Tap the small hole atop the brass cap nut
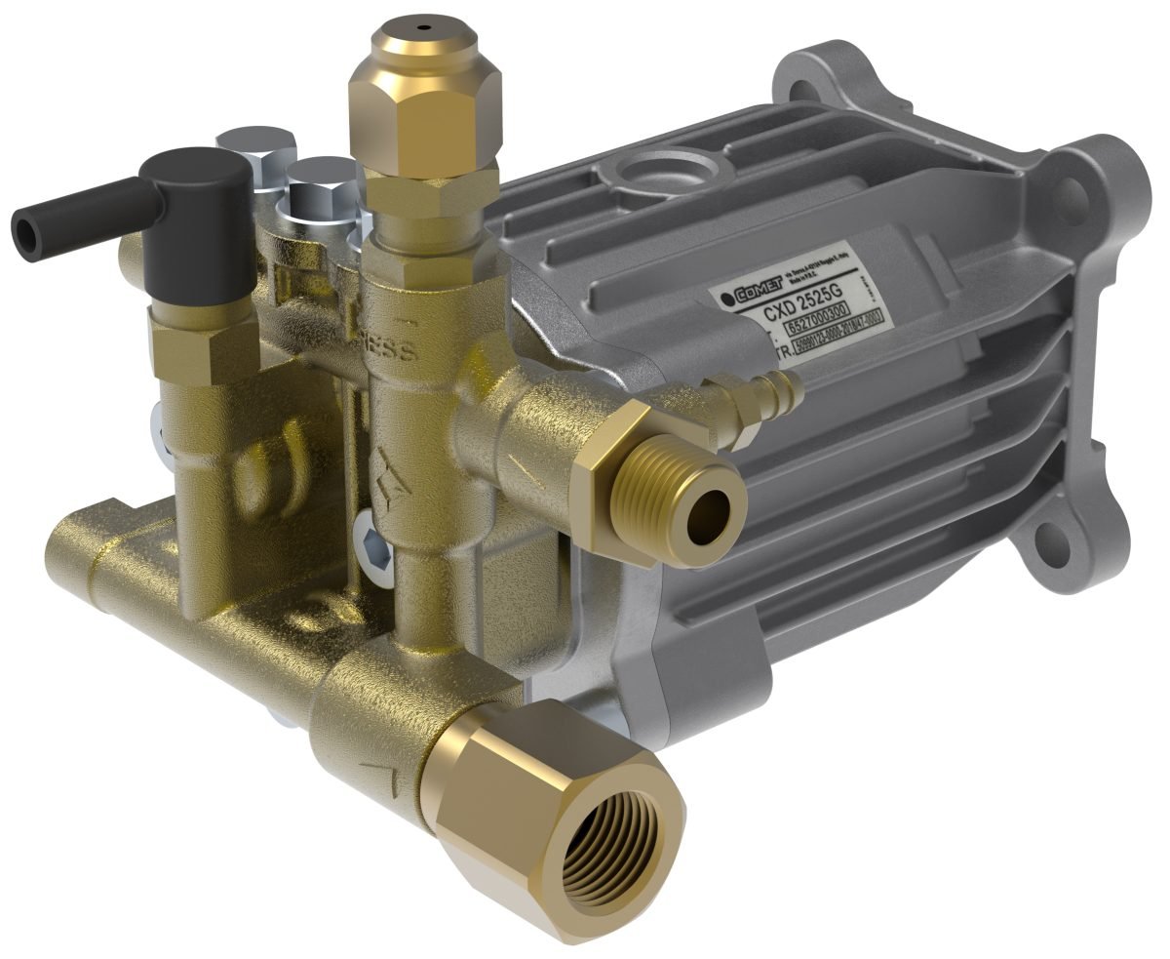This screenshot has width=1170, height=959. pyautogui.click(x=423, y=27)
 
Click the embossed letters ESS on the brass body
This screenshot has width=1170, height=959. pyautogui.click(x=403, y=348)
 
